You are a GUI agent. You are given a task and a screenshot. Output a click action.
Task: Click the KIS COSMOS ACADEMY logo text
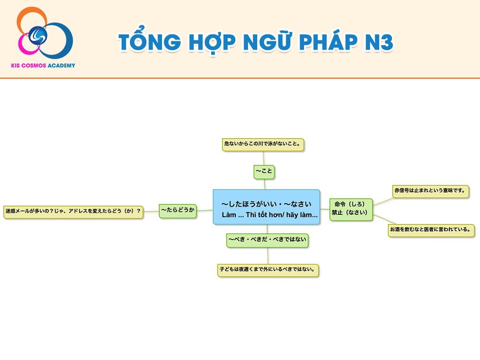43,66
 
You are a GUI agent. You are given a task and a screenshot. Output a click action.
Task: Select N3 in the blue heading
379,42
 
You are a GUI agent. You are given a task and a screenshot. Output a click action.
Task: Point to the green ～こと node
264,172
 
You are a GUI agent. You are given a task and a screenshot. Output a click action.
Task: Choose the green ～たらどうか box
178,211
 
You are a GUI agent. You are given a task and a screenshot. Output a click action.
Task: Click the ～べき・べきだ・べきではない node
267,240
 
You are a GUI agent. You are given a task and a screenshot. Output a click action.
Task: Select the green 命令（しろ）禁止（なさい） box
351,209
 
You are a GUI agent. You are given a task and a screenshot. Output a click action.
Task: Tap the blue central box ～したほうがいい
266,207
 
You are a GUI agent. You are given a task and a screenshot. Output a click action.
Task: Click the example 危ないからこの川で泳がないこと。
263,144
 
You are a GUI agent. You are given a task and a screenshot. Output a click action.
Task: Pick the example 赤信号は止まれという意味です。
430,192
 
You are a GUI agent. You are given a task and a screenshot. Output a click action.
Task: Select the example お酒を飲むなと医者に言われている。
431,230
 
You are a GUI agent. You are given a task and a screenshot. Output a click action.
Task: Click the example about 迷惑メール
73,212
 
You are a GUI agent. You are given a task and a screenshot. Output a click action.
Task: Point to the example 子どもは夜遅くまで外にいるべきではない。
268,270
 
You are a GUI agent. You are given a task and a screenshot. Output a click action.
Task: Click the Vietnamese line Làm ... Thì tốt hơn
270,215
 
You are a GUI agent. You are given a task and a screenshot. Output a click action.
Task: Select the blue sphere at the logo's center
38,36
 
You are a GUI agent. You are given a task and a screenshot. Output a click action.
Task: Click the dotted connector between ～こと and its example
264,158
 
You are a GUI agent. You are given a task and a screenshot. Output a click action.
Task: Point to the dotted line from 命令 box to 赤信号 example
383,202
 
